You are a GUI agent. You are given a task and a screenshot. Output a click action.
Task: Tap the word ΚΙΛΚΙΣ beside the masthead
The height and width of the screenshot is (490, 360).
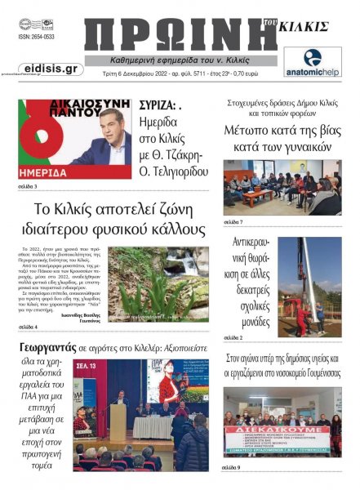coord(305,27)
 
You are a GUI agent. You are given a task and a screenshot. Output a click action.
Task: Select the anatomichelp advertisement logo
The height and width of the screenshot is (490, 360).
coord(312,62)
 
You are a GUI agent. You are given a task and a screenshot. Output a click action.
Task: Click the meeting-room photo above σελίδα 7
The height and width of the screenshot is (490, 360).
coord(281,187)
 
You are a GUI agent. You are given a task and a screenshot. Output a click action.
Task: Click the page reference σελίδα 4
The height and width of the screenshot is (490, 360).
coord(28,327)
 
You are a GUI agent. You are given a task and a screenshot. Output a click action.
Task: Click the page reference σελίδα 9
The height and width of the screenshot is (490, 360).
coord(233,467)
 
